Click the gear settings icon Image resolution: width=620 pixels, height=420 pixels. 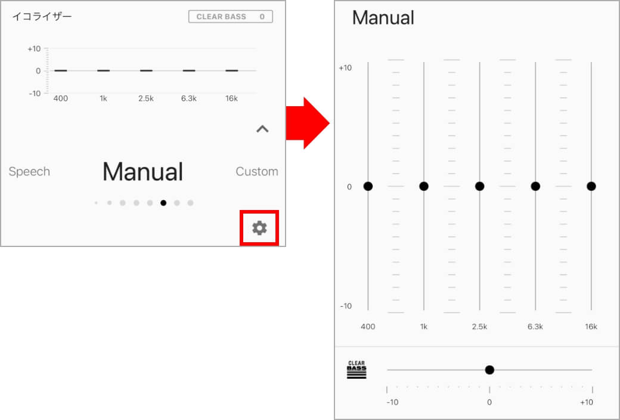pyautogui.click(x=259, y=228)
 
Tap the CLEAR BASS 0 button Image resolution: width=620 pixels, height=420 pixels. pyautogui.click(x=231, y=17)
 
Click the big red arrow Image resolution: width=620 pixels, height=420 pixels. pyautogui.click(x=308, y=123)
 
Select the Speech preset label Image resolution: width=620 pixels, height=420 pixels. pyautogui.click(x=29, y=171)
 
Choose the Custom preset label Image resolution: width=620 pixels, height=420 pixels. pyautogui.click(x=257, y=171)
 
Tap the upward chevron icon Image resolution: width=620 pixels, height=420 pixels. pyautogui.click(x=262, y=129)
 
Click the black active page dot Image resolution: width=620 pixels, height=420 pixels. pyautogui.click(x=163, y=203)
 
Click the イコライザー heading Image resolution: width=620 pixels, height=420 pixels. pyautogui.click(x=42, y=17)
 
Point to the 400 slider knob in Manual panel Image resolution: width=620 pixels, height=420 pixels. pyautogui.click(x=368, y=187)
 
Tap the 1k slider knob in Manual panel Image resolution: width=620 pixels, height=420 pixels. pyautogui.click(x=424, y=187)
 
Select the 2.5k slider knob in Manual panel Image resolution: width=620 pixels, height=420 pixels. pyautogui.click(x=480, y=187)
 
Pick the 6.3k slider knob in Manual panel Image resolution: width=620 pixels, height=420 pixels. pyautogui.click(x=535, y=187)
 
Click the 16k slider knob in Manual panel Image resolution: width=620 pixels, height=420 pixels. pyautogui.click(x=591, y=187)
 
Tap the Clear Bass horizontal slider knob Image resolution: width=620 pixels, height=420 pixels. pyautogui.click(x=489, y=370)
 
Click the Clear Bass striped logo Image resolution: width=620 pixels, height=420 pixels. pyautogui.click(x=356, y=370)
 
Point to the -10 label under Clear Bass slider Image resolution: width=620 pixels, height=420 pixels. pyautogui.click(x=392, y=402)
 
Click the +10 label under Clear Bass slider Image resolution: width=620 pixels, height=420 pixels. pyautogui.click(x=587, y=402)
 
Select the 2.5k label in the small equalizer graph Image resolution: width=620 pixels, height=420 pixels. pyautogui.click(x=146, y=98)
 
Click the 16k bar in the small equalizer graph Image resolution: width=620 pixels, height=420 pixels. pyautogui.click(x=232, y=70)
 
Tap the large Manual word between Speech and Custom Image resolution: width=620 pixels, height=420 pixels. pyautogui.click(x=142, y=172)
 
